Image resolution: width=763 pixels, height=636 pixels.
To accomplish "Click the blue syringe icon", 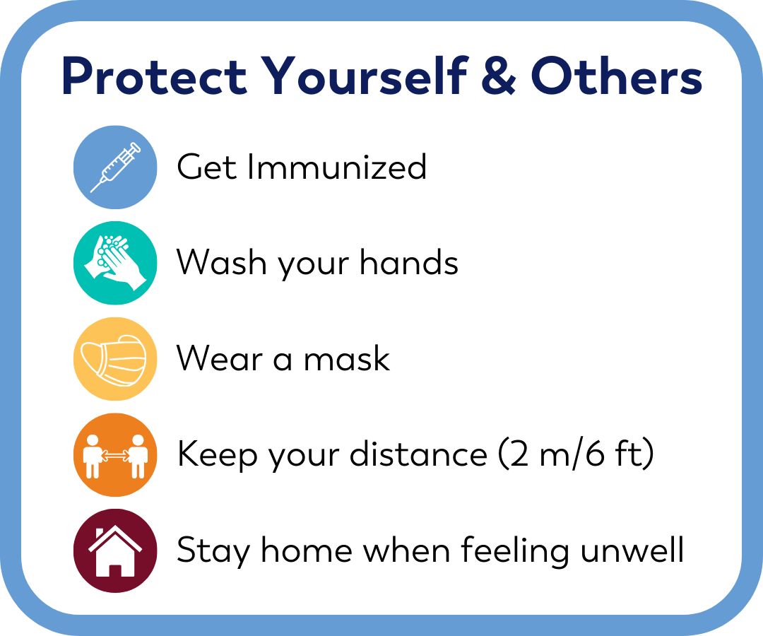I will point(115,167).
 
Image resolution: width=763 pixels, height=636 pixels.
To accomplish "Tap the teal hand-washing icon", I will point(115,263).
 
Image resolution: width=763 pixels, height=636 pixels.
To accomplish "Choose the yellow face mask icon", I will point(115,359).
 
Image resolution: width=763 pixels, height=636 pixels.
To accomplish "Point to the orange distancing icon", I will point(115,455).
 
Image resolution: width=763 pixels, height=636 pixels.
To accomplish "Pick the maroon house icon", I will point(115,550).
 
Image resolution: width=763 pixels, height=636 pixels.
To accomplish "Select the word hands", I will point(409,263).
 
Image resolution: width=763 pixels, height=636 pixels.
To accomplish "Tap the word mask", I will point(347,359).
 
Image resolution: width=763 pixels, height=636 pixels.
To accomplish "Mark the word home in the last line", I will point(297,550).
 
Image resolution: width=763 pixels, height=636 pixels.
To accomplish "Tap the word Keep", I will point(216,455).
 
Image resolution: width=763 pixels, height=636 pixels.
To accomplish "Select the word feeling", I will point(515,550).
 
